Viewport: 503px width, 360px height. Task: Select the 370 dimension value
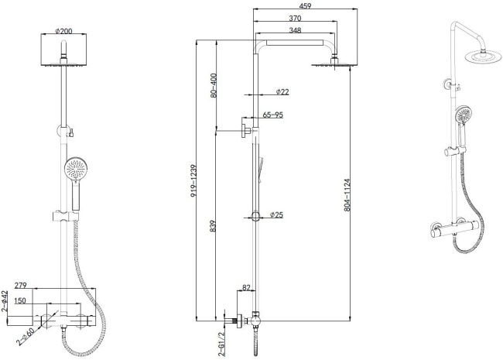pyautogui.click(x=296, y=19)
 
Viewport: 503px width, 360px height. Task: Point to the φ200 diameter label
pyautogui.click(x=63, y=32)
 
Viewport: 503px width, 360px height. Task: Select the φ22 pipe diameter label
pyautogui.click(x=281, y=92)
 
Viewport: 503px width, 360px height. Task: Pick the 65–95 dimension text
pyautogui.click(x=273, y=115)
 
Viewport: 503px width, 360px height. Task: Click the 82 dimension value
pyautogui.click(x=247, y=288)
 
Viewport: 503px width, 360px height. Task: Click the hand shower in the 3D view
pyautogui.click(x=464, y=115)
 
